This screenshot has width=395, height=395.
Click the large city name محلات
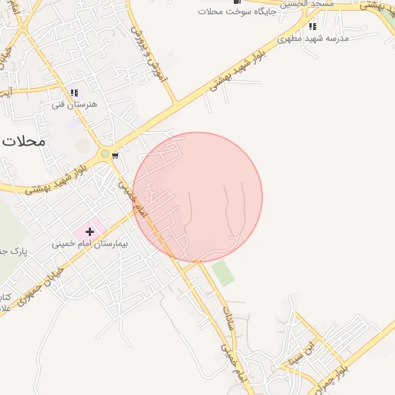[x=24, y=142]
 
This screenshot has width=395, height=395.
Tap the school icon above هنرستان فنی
[x=74, y=93]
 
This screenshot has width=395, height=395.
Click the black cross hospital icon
[x=90, y=230]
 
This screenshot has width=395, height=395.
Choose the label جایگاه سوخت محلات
[x=231, y=12]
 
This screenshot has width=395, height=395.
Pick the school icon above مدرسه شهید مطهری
[x=312, y=26]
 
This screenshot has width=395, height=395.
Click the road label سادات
[x=228, y=319]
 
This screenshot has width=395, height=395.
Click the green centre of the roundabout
[x=104, y=154]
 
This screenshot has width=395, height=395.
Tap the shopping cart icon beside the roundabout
[x=115, y=155]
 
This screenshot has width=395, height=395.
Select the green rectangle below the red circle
[x=223, y=273]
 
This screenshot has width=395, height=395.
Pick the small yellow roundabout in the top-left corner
[x=24, y=28]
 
